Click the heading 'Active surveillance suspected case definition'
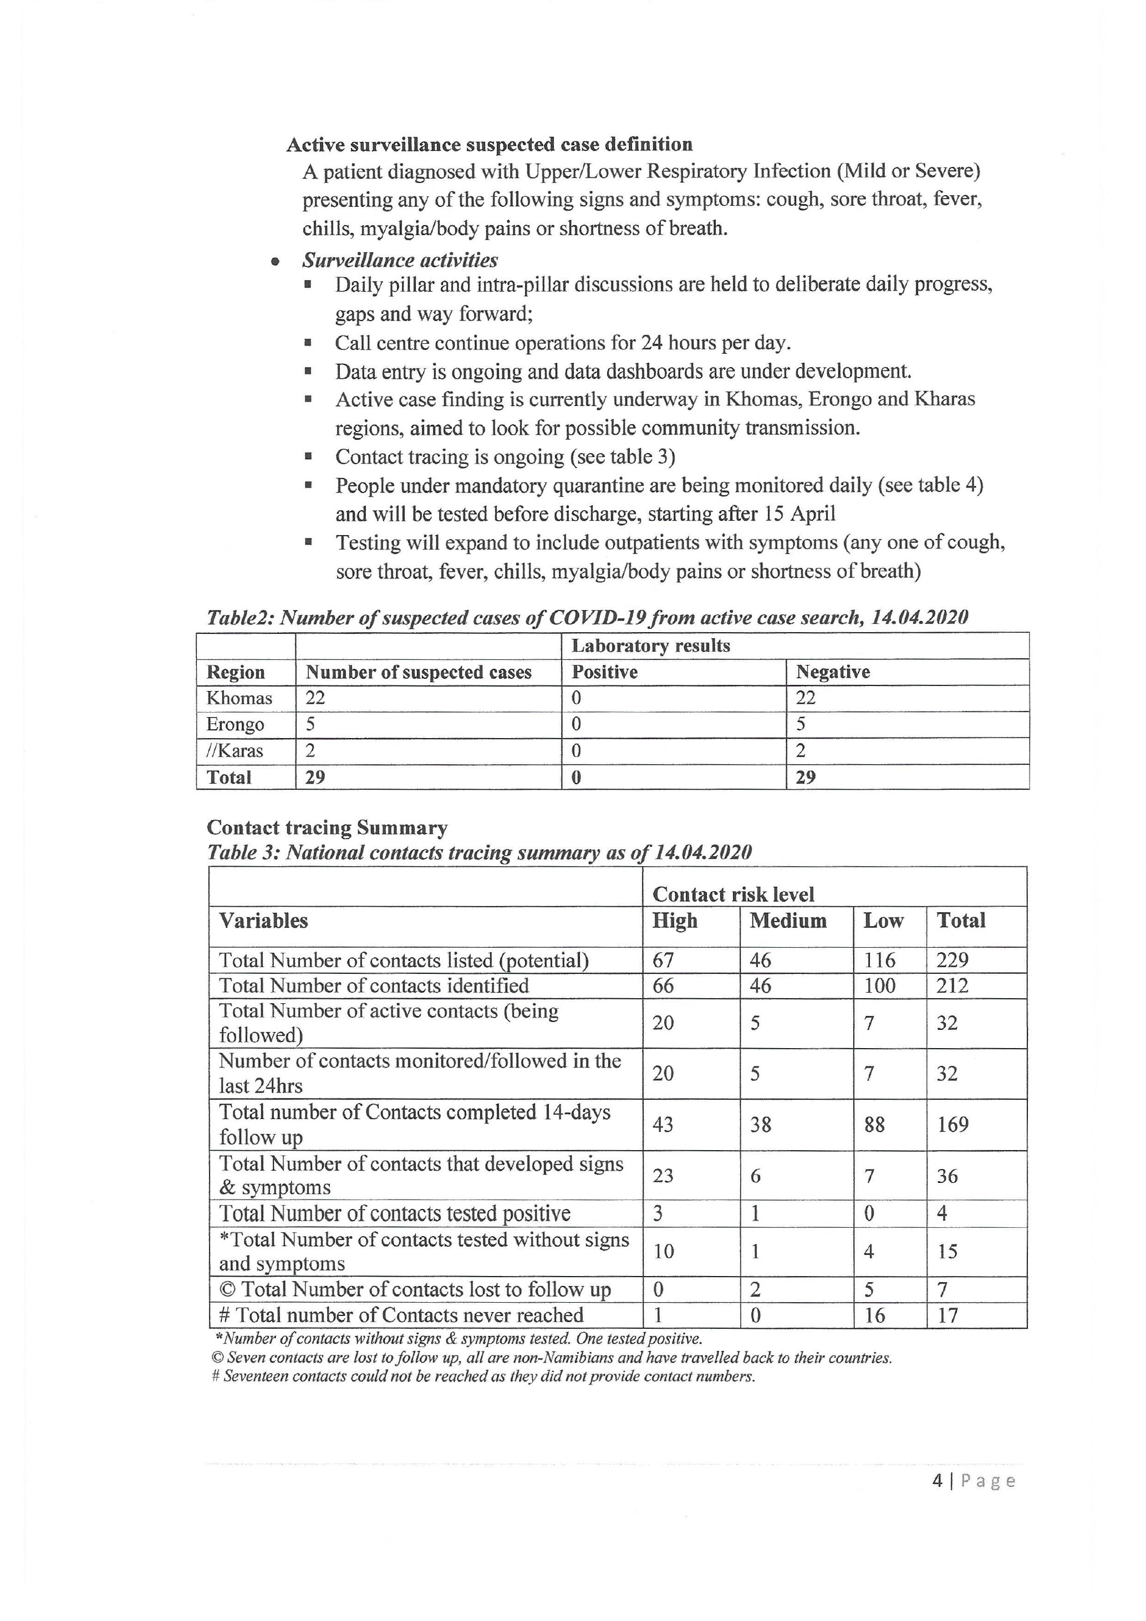(x=489, y=145)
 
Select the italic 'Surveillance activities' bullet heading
(x=400, y=261)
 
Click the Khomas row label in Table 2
(x=239, y=698)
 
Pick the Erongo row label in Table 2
(x=235, y=724)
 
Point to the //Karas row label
(x=235, y=750)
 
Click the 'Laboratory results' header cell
(x=651, y=646)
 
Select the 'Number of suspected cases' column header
(x=419, y=672)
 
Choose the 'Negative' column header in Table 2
(x=833, y=672)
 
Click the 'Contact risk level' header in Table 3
(x=733, y=895)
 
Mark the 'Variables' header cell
(x=263, y=921)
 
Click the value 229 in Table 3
(x=952, y=960)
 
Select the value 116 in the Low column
(x=879, y=960)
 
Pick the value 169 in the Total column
(x=952, y=1125)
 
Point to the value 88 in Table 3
(x=874, y=1125)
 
